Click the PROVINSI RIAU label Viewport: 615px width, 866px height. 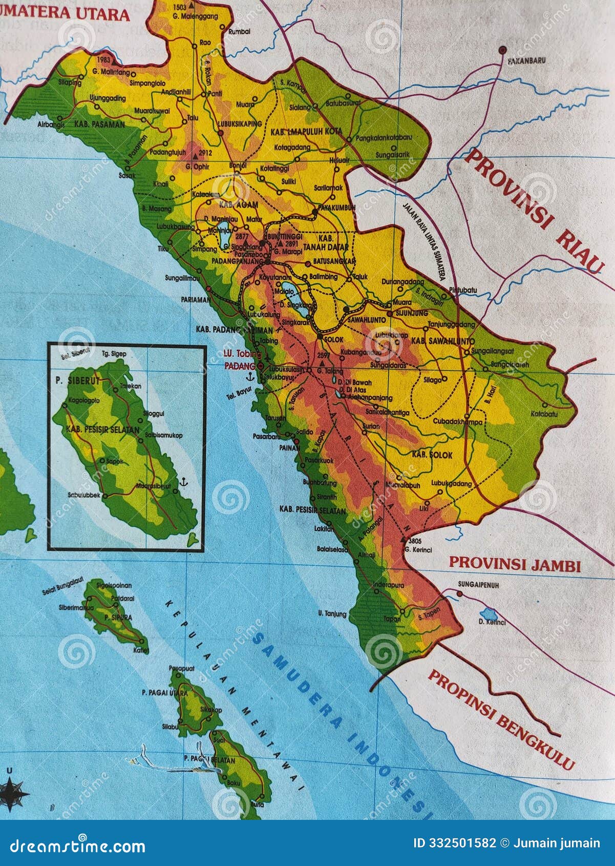(x=533, y=213)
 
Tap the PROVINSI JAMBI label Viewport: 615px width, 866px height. (x=515, y=565)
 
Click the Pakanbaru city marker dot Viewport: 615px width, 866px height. (x=503, y=50)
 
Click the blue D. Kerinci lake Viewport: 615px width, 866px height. (x=490, y=613)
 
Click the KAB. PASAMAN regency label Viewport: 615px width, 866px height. (x=99, y=124)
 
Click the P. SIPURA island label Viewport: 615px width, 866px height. (x=118, y=617)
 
